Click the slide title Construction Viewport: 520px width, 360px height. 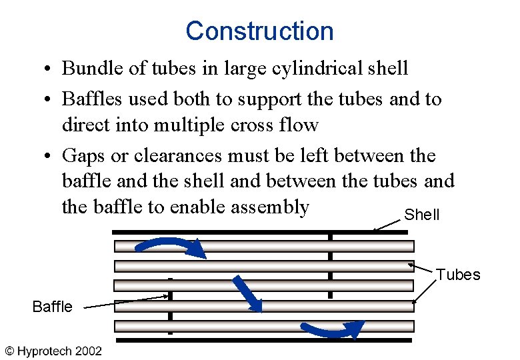259,31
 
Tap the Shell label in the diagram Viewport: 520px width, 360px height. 422,215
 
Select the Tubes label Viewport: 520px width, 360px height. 458,275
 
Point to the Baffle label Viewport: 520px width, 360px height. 52,307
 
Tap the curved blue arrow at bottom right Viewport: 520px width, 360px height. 332,329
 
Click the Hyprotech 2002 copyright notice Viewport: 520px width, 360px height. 54,351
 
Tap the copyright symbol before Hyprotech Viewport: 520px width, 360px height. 10,351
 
